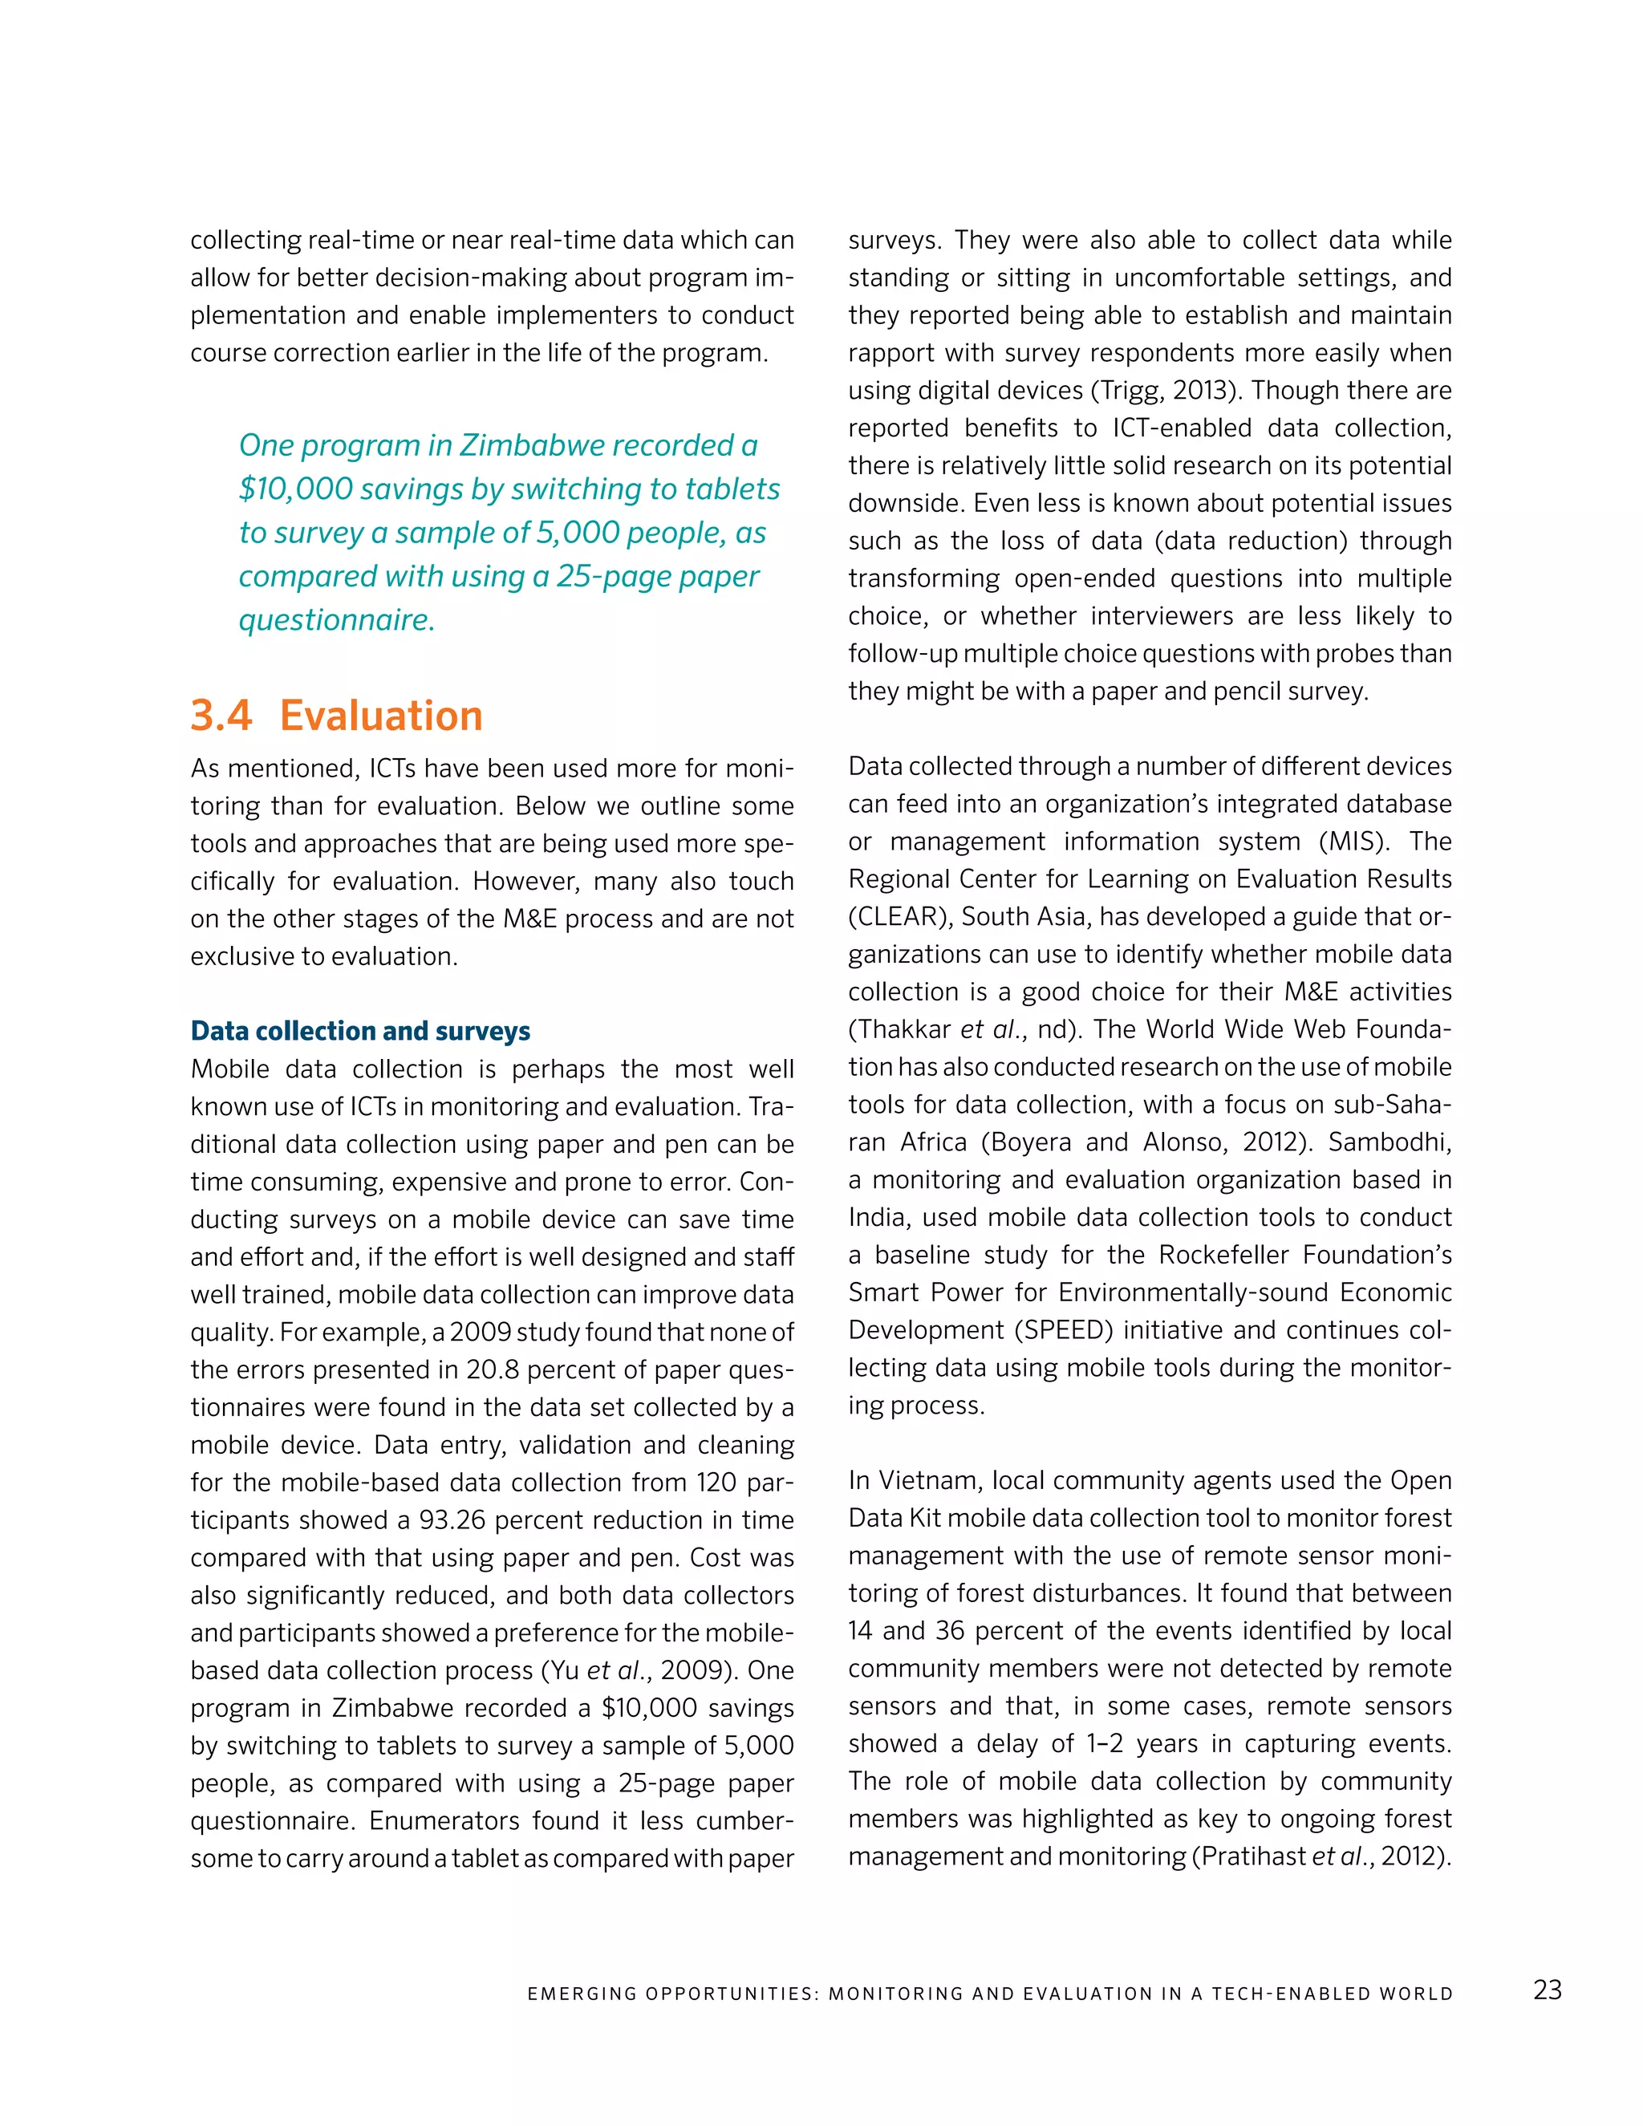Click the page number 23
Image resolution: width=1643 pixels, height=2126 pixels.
click(x=1547, y=1990)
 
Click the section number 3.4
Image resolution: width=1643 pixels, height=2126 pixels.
click(x=221, y=716)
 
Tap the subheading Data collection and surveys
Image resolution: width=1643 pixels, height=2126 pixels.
click(x=360, y=1031)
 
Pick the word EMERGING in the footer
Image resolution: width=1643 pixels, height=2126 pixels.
click(x=581, y=1994)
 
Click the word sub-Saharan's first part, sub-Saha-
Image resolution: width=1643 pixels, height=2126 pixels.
click(x=1393, y=1105)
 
